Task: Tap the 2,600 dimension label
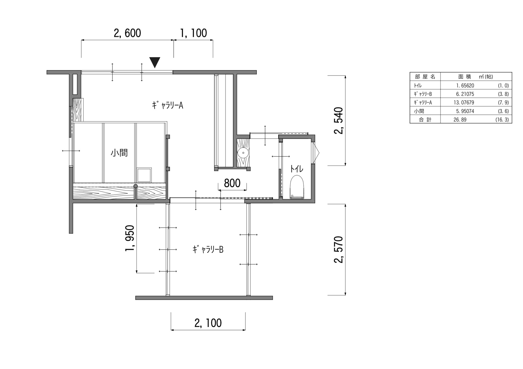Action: [x=127, y=33]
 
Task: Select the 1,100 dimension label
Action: [x=194, y=33]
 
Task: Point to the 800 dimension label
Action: [x=232, y=183]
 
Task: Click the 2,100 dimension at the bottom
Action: [x=208, y=323]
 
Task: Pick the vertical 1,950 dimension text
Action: [x=130, y=238]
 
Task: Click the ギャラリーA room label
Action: [x=167, y=105]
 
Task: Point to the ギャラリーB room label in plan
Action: [x=208, y=250]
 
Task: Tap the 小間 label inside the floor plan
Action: [x=119, y=153]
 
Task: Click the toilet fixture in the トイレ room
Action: [x=297, y=187]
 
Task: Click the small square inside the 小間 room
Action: [x=144, y=175]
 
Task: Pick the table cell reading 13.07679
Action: [x=464, y=102]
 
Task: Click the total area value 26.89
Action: [x=460, y=120]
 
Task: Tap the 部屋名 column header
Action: [x=425, y=77]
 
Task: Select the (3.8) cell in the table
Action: [x=503, y=94]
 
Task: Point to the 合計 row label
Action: [x=425, y=120]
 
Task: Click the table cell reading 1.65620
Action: [x=465, y=85]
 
